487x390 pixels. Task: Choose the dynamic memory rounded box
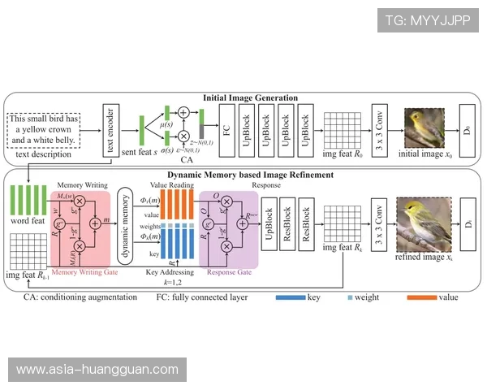click(x=126, y=222)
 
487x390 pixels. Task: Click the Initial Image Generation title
click(x=250, y=97)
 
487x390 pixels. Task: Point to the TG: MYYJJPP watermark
click(x=428, y=19)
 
